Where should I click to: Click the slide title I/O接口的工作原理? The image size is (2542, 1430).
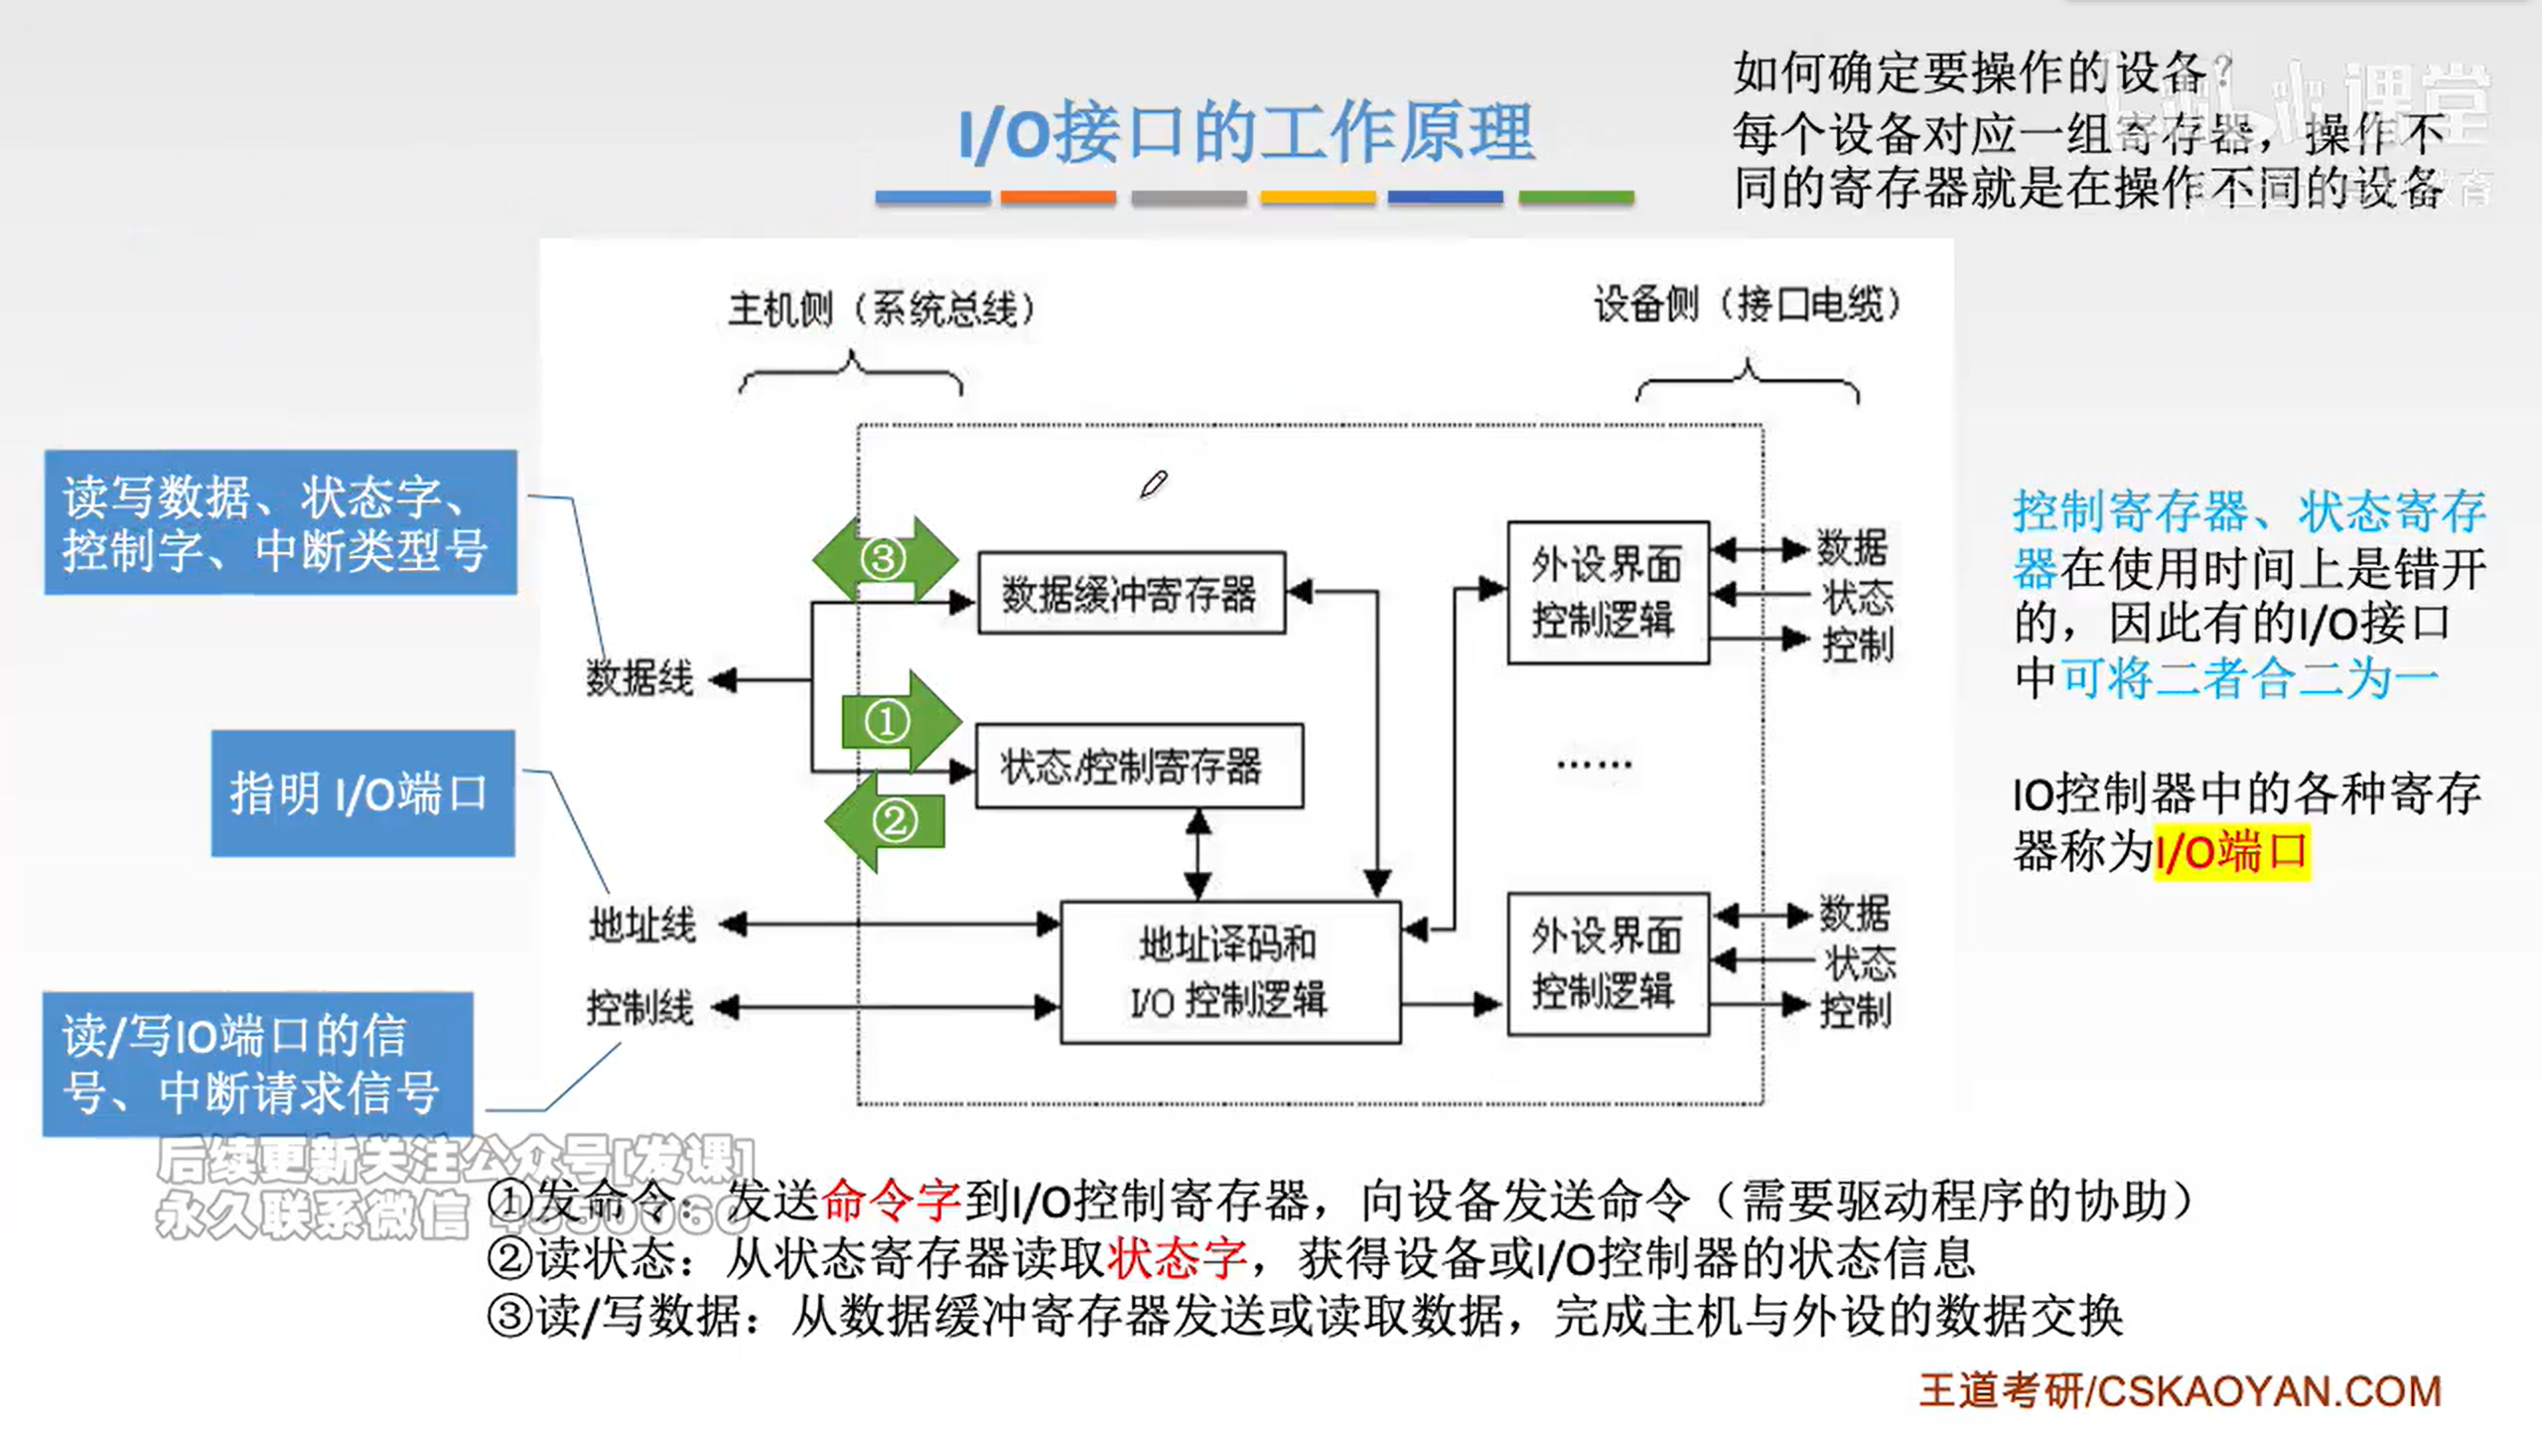(1246, 133)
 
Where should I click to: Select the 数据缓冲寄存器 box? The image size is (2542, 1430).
(1131, 594)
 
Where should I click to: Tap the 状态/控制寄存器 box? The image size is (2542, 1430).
(1139, 767)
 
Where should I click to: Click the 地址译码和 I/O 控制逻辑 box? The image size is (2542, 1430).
(1230, 972)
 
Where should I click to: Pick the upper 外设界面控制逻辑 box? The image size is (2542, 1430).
(1608, 593)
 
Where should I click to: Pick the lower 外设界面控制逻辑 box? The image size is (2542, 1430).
(1608, 964)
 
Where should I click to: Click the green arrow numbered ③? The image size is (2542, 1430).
(885, 558)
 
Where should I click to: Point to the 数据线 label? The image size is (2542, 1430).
(639, 679)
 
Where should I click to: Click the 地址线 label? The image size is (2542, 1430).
(642, 926)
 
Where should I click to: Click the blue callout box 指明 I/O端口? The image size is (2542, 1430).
(362, 793)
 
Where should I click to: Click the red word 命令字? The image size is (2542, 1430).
(891, 1201)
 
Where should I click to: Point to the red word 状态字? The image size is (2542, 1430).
(1177, 1258)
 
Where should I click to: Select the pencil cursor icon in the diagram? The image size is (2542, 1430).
(1153, 485)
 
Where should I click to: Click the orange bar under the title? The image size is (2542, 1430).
(1058, 198)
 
